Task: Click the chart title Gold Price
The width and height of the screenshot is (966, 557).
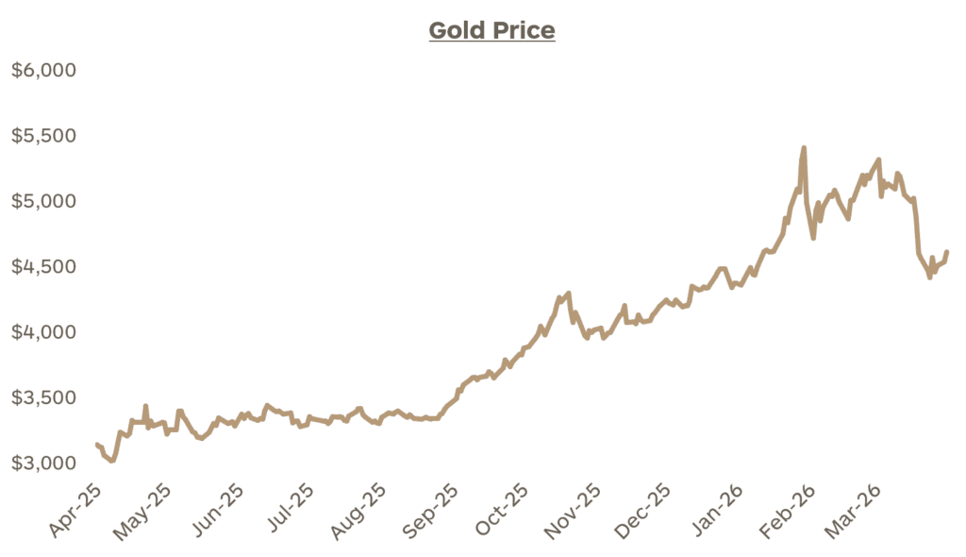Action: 491,31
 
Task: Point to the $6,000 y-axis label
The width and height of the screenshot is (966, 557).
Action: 43,71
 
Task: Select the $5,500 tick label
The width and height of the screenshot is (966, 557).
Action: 43,136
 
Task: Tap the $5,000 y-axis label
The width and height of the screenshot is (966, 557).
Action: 43,201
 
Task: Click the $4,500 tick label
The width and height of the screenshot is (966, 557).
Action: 43,267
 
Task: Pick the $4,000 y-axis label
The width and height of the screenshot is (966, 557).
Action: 43,332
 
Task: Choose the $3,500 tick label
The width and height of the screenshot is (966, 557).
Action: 43,397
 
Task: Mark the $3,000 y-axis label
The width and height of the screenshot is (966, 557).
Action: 43,464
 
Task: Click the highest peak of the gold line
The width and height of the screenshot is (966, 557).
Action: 804,148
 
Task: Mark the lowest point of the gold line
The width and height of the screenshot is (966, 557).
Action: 112,461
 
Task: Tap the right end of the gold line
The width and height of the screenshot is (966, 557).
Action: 946,252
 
